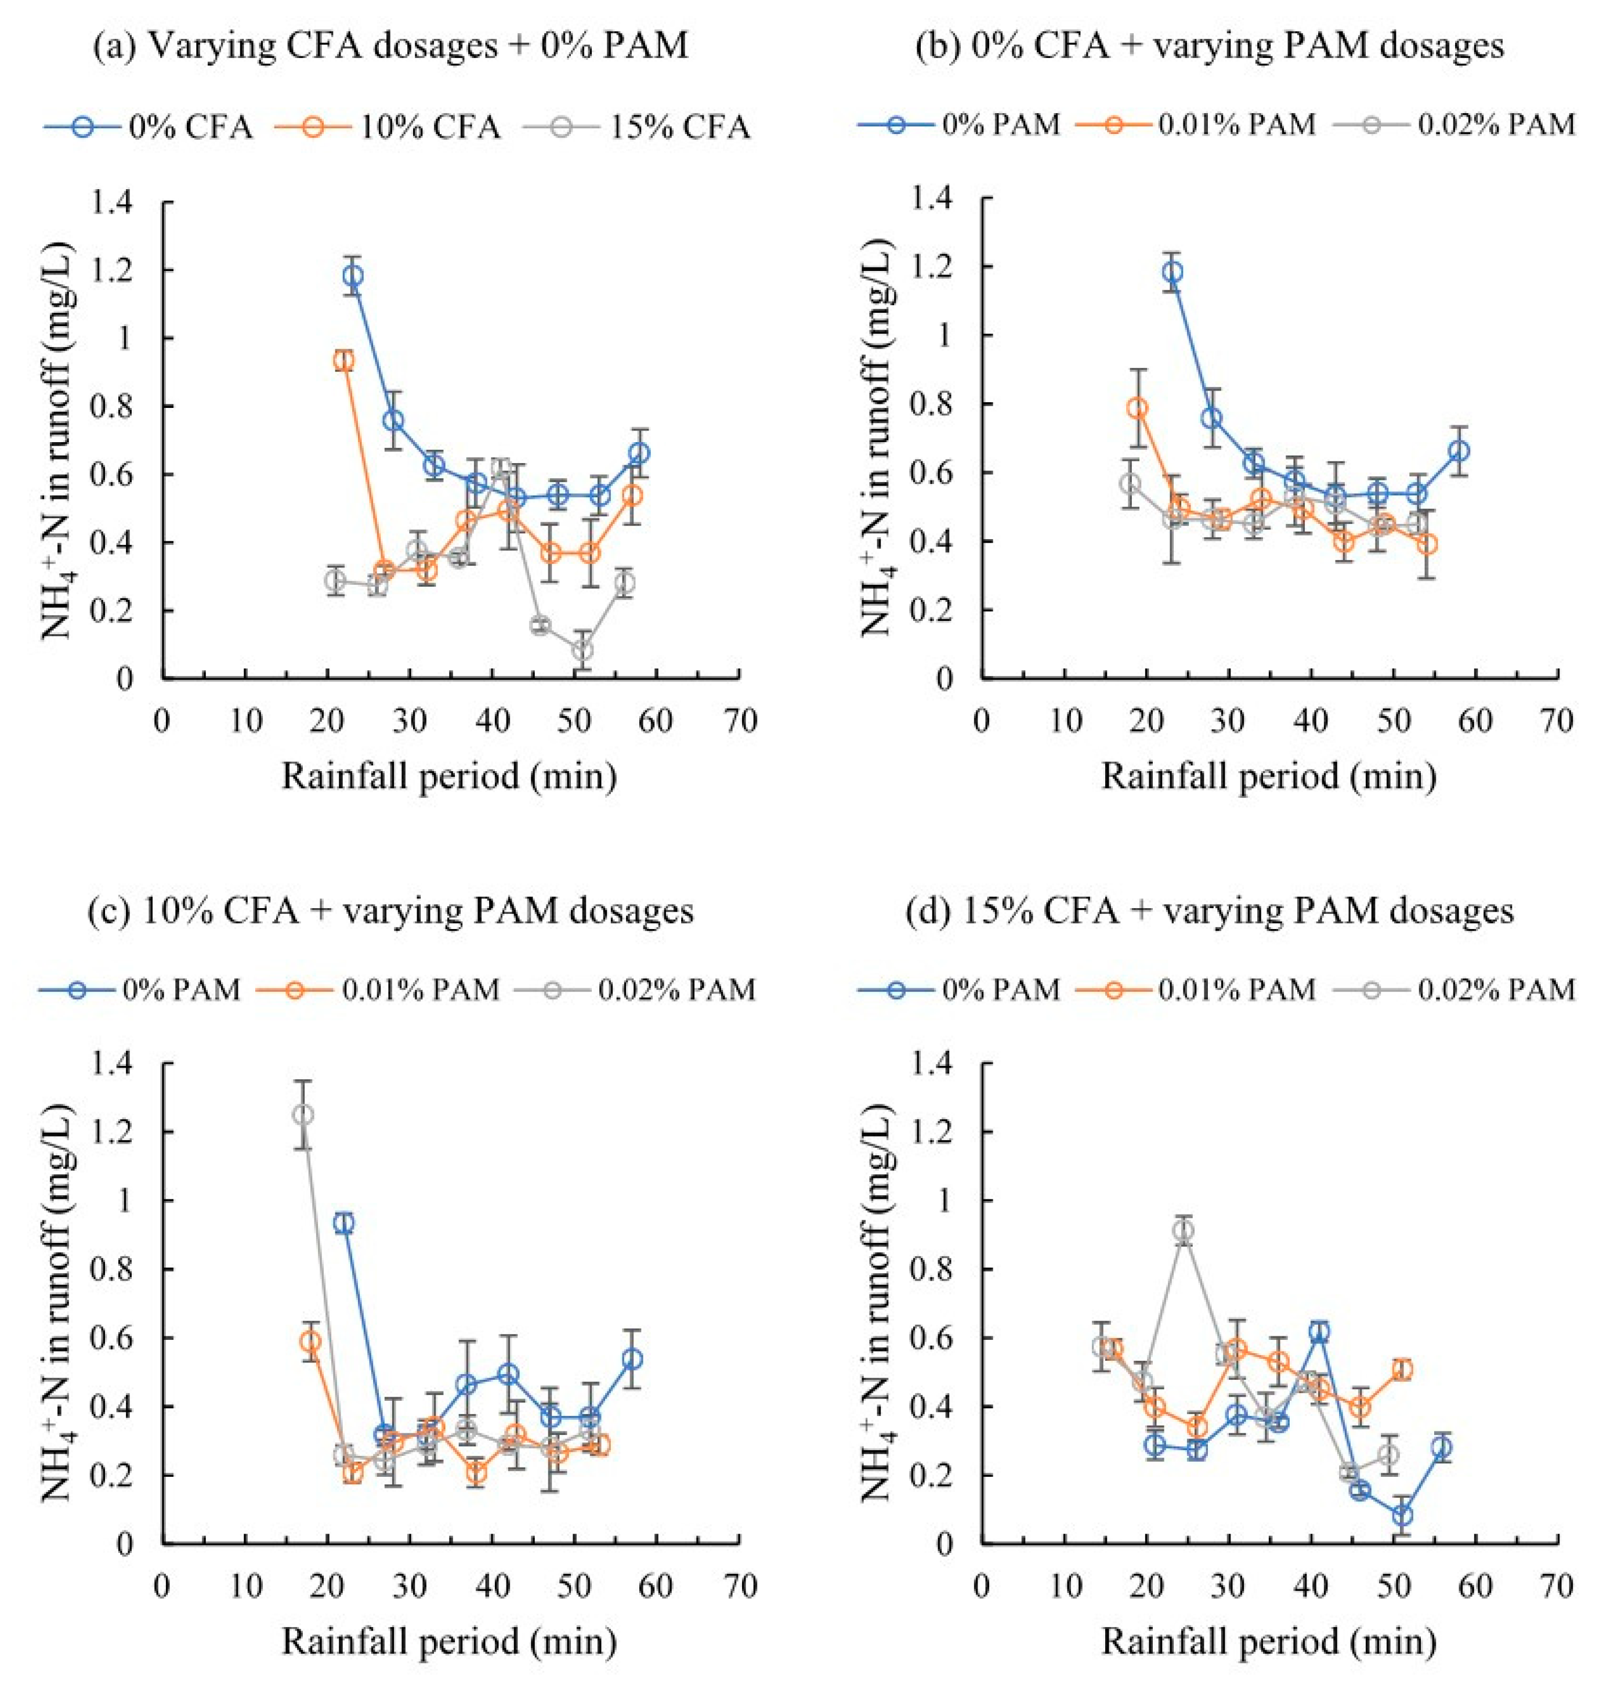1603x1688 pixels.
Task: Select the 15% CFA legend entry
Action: [679, 127]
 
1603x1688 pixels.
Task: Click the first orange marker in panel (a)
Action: [343, 360]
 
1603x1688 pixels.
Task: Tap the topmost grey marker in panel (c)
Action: [302, 1115]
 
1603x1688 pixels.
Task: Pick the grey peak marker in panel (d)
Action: [1182, 1231]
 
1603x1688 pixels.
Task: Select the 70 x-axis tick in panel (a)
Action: [739, 722]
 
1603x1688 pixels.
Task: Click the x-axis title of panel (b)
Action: [1269, 777]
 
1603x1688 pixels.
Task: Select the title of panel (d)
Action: [1209, 911]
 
